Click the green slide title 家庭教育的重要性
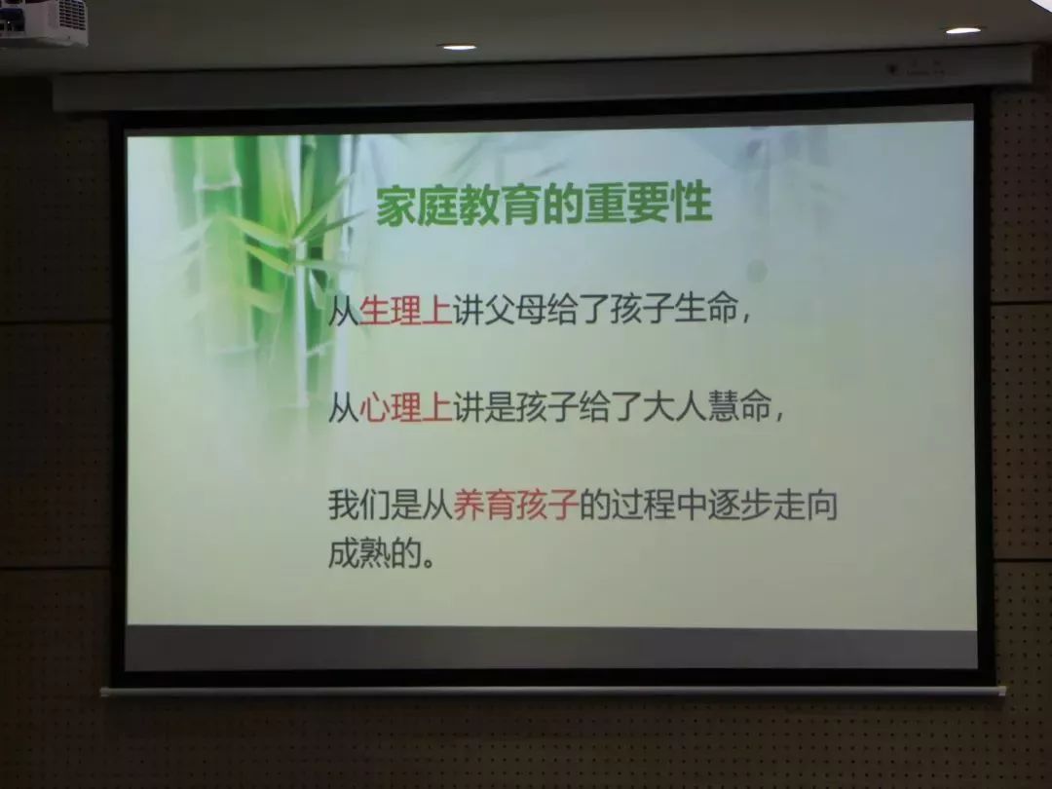pos(544,204)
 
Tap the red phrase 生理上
pos(405,311)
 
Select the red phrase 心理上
pos(405,407)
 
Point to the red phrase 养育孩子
pos(516,505)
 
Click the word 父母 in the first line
pos(514,311)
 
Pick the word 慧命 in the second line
pos(738,407)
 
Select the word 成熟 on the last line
pos(358,553)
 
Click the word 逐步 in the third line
pos(739,505)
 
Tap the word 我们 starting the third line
pos(358,505)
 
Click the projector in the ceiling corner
pos(43,21)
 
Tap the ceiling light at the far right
pos(962,30)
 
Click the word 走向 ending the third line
pos(806,505)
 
